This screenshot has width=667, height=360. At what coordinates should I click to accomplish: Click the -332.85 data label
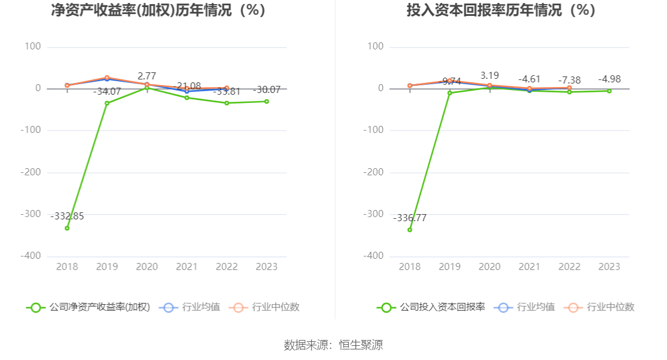[x=67, y=216]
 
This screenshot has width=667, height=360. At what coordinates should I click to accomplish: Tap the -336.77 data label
[x=410, y=218]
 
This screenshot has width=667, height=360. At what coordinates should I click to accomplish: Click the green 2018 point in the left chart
[x=67, y=228]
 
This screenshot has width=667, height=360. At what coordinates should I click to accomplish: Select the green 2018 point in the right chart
[x=410, y=229]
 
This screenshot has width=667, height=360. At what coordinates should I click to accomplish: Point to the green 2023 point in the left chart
[x=266, y=101]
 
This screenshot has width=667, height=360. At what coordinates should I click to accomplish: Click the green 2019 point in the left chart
[x=107, y=103]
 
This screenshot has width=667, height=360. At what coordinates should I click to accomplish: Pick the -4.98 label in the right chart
[x=609, y=79]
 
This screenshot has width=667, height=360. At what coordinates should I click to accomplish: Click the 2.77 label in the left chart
[x=147, y=76]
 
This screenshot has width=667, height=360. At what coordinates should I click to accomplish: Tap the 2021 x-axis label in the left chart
[x=186, y=267]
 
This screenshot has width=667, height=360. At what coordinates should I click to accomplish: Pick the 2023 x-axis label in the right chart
[x=609, y=267]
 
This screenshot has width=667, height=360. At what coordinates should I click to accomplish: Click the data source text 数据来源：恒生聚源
[x=333, y=345]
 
